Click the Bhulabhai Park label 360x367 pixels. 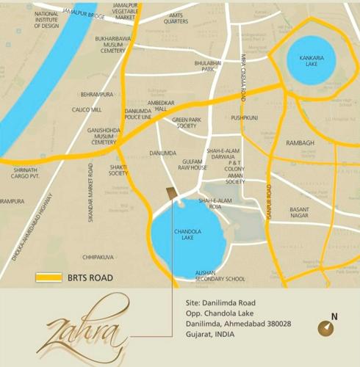208,67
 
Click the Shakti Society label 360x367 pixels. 118,170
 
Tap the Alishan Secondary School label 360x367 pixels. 220,275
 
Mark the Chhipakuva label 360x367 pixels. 98,257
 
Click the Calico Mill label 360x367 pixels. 87,109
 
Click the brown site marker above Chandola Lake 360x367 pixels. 171,194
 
